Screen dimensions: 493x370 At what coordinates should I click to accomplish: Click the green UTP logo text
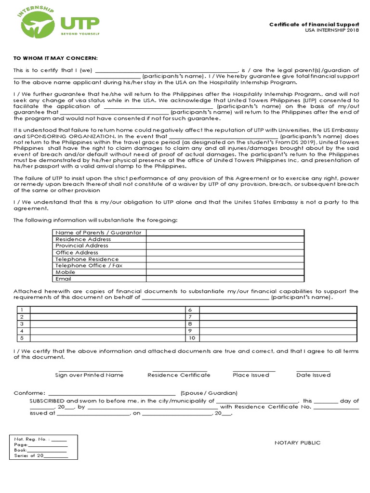coord(79,23)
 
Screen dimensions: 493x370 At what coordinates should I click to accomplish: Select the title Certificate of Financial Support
coord(314,24)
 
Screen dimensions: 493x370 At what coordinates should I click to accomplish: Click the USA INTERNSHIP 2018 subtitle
coord(332,30)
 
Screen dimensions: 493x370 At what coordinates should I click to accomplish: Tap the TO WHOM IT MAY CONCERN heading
coord(55,58)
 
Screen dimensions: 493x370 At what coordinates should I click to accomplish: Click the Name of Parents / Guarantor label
coord(98,233)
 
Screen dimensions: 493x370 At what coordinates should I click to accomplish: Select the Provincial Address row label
coord(82,246)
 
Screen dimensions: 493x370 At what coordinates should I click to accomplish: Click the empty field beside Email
coord(225,279)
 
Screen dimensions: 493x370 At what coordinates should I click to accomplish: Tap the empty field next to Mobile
coord(225,272)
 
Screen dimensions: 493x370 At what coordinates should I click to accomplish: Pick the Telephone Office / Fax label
coord(89,266)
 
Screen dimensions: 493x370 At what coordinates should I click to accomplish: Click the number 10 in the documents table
coord(191,338)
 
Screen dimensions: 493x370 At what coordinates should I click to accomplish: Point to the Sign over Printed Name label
coord(89,375)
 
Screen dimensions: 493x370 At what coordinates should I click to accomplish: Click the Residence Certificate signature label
coord(179,375)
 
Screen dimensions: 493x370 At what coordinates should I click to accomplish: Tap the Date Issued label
coord(313,375)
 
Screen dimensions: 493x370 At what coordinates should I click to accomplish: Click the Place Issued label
coord(251,375)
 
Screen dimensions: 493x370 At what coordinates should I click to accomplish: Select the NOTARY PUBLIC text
coord(297,443)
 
